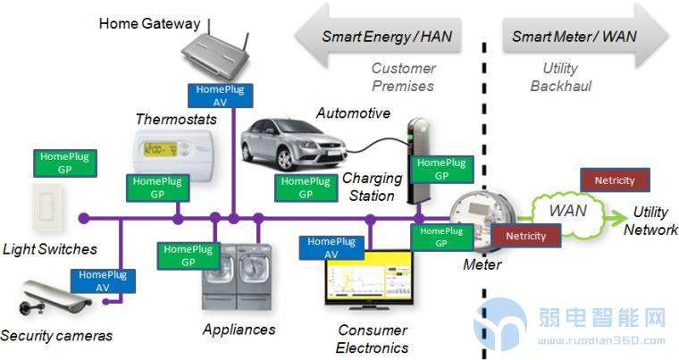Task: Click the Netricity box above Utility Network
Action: [614, 180]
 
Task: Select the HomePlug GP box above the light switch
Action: [64, 163]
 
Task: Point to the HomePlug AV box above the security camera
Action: [103, 281]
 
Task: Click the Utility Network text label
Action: [650, 221]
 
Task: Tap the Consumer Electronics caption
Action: [372, 339]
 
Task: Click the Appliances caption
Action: [239, 329]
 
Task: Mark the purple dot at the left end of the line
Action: [84, 217]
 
